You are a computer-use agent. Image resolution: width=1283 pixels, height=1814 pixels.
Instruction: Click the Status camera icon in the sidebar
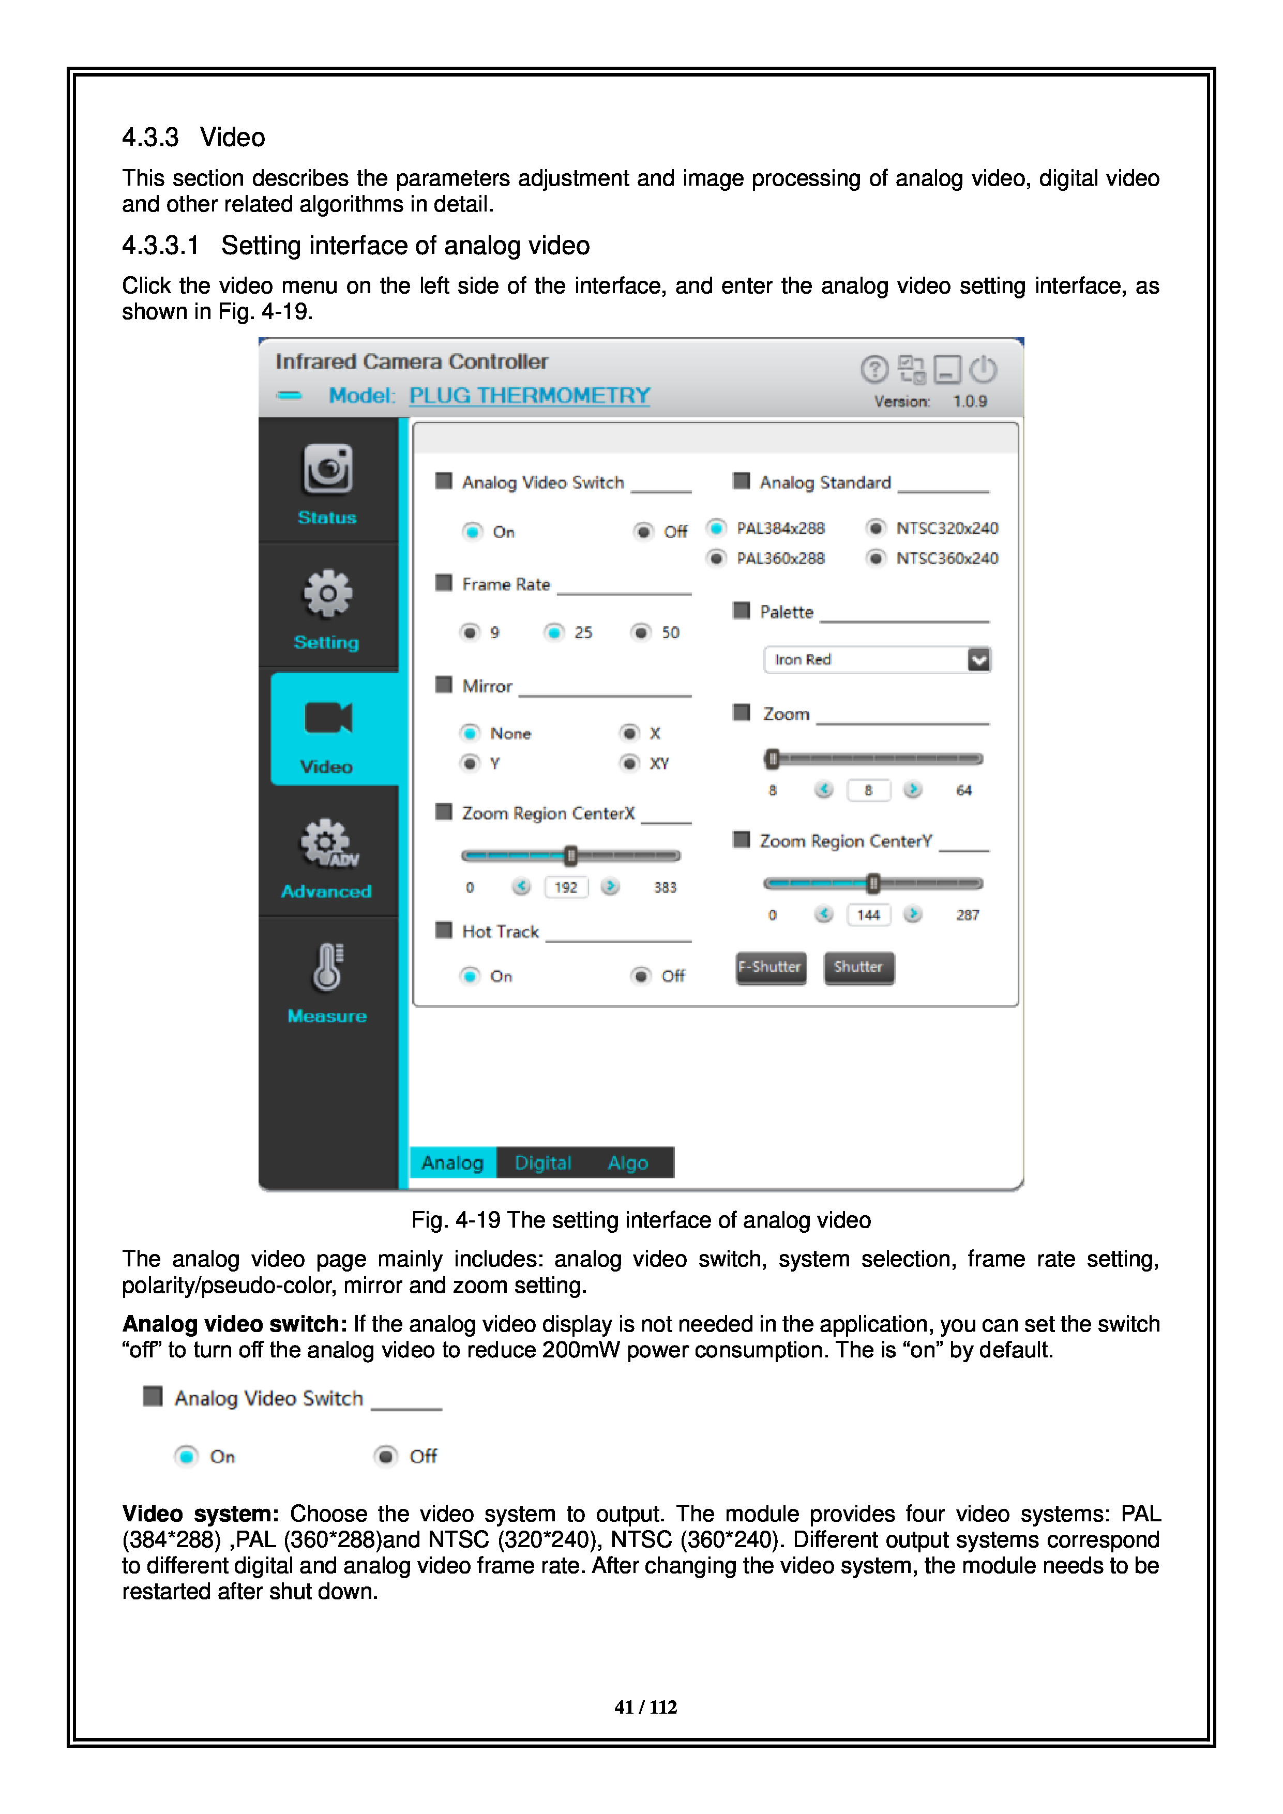pyautogui.click(x=327, y=470)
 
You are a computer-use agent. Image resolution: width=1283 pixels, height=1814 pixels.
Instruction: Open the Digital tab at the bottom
pyautogui.click(x=543, y=1162)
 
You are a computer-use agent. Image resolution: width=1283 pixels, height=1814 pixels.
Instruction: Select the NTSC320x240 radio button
pyautogui.click(x=876, y=528)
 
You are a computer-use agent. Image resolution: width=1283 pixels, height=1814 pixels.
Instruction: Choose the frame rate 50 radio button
pyautogui.click(x=641, y=632)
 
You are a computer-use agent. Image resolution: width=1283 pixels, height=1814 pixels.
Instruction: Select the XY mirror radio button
pyautogui.click(x=630, y=763)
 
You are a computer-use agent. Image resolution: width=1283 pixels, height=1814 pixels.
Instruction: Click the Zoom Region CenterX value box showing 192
pyautogui.click(x=566, y=887)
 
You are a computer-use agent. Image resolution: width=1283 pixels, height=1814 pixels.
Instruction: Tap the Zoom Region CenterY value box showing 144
pyautogui.click(x=868, y=915)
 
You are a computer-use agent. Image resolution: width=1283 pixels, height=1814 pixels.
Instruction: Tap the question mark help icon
pyautogui.click(x=874, y=369)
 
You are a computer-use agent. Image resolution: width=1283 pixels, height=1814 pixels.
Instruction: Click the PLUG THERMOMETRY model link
pyautogui.click(x=530, y=395)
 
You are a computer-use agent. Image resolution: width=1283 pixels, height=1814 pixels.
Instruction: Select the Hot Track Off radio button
pyautogui.click(x=641, y=976)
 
